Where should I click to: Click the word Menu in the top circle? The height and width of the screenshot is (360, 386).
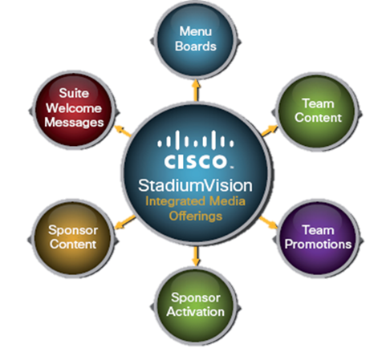pos(196,31)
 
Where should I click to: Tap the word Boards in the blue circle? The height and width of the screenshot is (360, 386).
pos(196,47)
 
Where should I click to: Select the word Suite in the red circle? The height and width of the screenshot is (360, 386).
pos(74,93)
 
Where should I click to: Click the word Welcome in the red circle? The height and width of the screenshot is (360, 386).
pos(74,108)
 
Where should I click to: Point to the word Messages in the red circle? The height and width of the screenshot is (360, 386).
pos(74,123)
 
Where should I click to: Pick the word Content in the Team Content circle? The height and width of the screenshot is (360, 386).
pos(318,118)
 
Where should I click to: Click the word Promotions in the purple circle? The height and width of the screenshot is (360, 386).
pos(318,244)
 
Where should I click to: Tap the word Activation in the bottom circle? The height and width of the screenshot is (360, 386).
pos(196,312)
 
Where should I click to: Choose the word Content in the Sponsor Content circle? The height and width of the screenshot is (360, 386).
pos(73,244)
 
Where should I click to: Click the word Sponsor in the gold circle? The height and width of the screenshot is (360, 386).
pos(73,230)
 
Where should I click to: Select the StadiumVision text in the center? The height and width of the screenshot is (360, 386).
pos(195,185)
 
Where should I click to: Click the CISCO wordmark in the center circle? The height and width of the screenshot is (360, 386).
pos(195,162)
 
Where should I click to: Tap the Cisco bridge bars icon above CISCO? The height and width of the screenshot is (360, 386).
pos(196,140)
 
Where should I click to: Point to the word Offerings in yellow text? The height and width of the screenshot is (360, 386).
pos(196,216)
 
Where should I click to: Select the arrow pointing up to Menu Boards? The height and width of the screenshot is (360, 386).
pos(197,90)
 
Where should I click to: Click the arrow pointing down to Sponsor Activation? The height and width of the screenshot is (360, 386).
pos(197,257)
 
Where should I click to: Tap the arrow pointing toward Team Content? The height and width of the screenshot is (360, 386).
pos(270,131)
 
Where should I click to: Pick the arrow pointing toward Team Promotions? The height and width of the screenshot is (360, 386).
pos(269,222)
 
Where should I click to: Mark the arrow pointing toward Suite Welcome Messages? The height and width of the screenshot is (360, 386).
pos(123,131)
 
